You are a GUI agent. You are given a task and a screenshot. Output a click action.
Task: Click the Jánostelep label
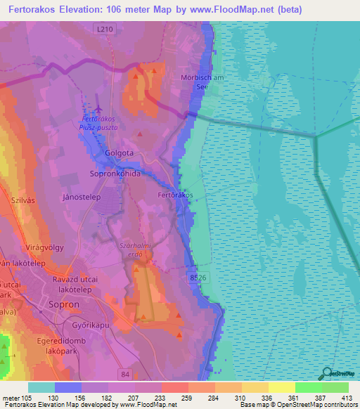(82, 198)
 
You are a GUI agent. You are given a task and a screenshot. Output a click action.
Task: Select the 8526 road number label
(198, 278)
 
